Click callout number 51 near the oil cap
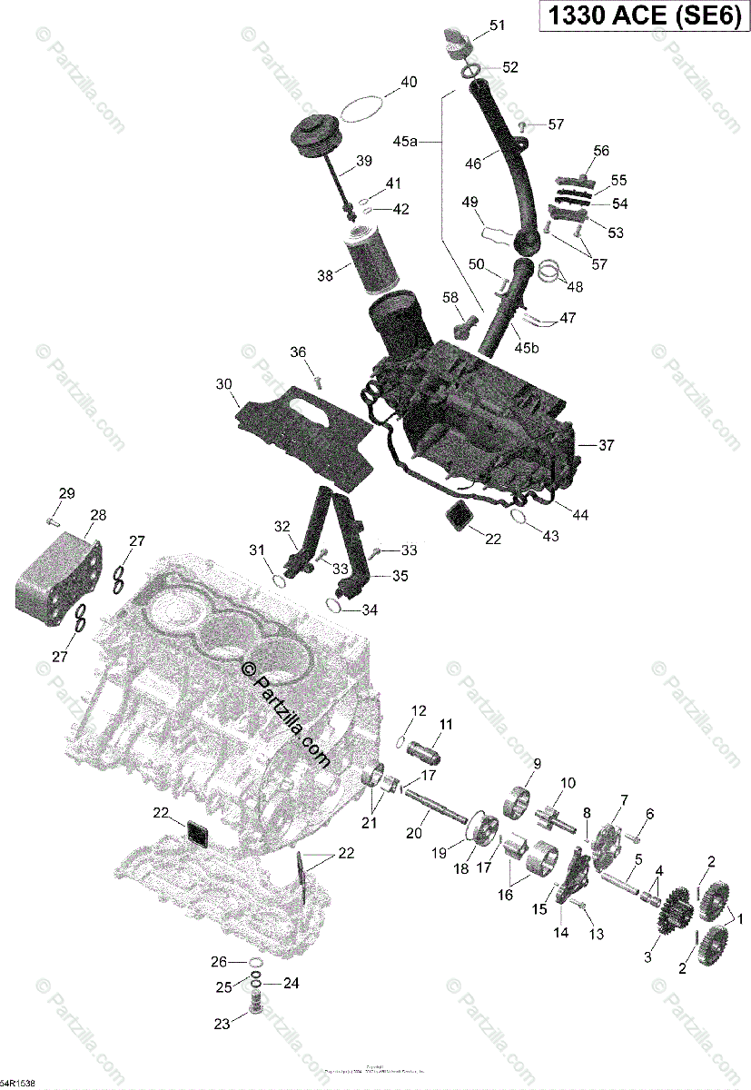point(497,25)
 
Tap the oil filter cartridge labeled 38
point(368,260)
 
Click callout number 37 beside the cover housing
point(607,445)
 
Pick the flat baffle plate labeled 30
point(304,436)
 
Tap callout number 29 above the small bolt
point(67,493)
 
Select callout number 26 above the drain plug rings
point(219,962)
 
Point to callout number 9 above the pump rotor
point(537,763)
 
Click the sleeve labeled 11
point(423,754)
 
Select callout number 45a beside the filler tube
point(405,142)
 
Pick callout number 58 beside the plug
point(450,297)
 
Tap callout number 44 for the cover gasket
point(579,514)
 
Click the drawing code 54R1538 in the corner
point(17,1084)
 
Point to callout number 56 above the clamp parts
point(601,151)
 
